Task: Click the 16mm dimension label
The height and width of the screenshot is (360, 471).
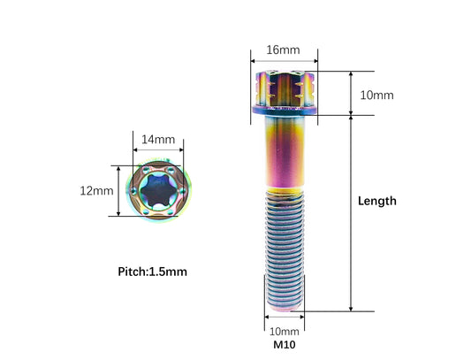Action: pyautogui.click(x=283, y=50)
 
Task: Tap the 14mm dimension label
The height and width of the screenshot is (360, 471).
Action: pyautogui.click(x=158, y=140)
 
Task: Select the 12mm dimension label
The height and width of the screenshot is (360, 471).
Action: pyautogui.click(x=96, y=191)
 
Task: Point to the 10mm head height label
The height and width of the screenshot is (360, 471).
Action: pyautogui.click(x=376, y=96)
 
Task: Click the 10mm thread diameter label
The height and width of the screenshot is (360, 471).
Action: pyautogui.click(x=285, y=332)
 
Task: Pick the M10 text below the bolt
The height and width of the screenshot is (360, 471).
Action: pyautogui.click(x=285, y=345)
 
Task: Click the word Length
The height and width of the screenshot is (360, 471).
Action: pyautogui.click(x=377, y=201)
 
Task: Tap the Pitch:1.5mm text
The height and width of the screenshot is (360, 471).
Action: pyautogui.click(x=152, y=272)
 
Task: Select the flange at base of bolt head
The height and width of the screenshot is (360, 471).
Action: pyautogui.click(x=285, y=110)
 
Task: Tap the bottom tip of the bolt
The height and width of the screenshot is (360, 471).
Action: pyautogui.click(x=285, y=310)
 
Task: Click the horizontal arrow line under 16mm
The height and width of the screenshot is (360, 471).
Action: pyautogui.click(x=285, y=61)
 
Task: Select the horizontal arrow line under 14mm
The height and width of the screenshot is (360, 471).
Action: pyautogui.click(x=158, y=149)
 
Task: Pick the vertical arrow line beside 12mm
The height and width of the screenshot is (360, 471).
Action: pyautogui.click(x=118, y=191)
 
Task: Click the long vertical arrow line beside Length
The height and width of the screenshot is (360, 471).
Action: pyautogui.click(x=351, y=213)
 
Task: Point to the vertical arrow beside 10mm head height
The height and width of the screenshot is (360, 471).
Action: pyautogui.click(x=351, y=93)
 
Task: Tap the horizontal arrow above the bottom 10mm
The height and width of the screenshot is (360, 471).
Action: pyautogui.click(x=285, y=317)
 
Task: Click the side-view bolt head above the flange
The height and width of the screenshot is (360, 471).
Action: pyautogui.click(x=285, y=88)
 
